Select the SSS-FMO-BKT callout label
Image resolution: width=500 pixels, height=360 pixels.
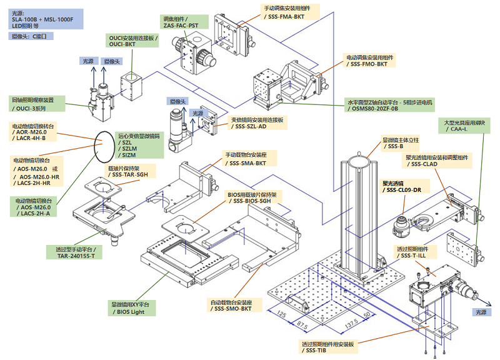(x=376, y=60)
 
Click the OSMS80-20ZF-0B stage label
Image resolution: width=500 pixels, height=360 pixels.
(x=391, y=105)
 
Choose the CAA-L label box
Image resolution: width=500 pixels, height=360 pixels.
(x=464, y=126)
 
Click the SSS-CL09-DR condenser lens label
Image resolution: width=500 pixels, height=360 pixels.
(x=402, y=187)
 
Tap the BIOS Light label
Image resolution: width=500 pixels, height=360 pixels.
(x=131, y=307)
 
